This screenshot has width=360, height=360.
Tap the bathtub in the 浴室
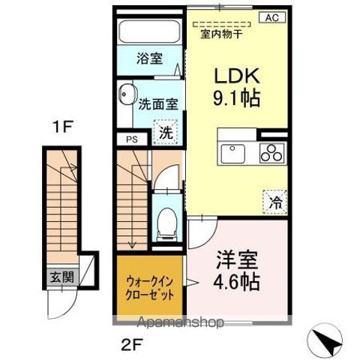click(149, 32)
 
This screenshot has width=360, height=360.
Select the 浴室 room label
click(149, 58)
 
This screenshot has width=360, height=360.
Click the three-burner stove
click(271, 151)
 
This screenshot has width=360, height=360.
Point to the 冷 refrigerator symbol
click(274, 200)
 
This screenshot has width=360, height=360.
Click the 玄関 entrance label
click(62, 275)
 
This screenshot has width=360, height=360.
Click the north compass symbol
click(327, 343)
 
